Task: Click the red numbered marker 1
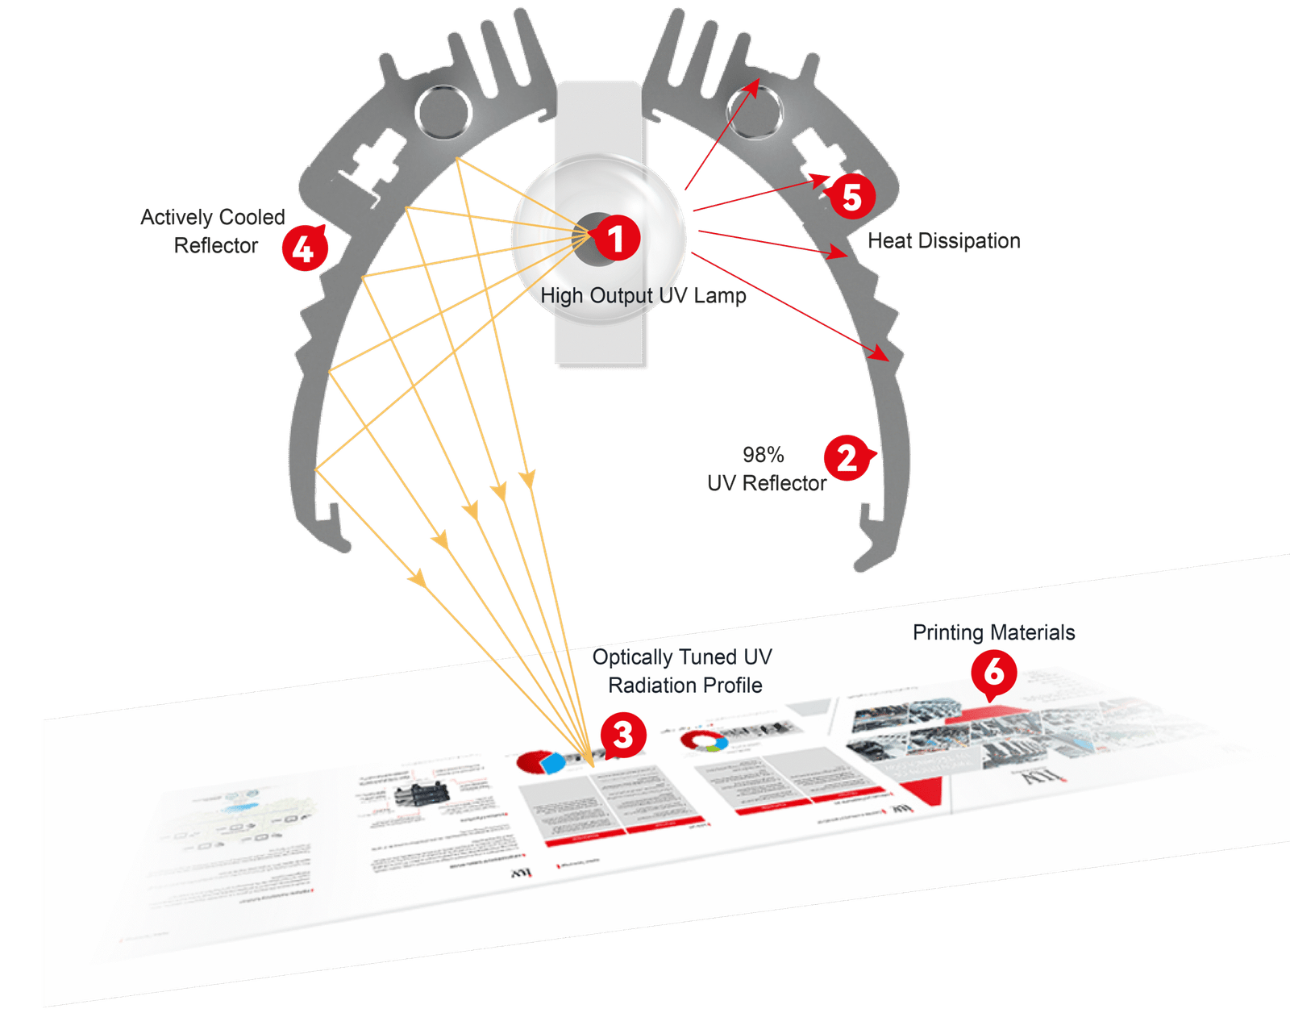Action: click(617, 238)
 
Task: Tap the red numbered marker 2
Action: click(846, 458)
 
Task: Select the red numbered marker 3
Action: click(623, 735)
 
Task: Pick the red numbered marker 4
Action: click(303, 248)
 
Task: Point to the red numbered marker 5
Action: click(852, 197)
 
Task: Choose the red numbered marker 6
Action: click(994, 672)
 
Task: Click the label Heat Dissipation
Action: click(943, 240)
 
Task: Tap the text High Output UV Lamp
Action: click(643, 296)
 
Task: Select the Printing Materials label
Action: click(993, 632)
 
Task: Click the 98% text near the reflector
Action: click(763, 455)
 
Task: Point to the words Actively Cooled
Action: click(213, 217)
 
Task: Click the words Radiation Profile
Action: click(685, 686)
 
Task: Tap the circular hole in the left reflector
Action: click(443, 111)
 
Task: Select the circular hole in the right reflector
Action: click(754, 111)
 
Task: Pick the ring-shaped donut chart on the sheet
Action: click(702, 740)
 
